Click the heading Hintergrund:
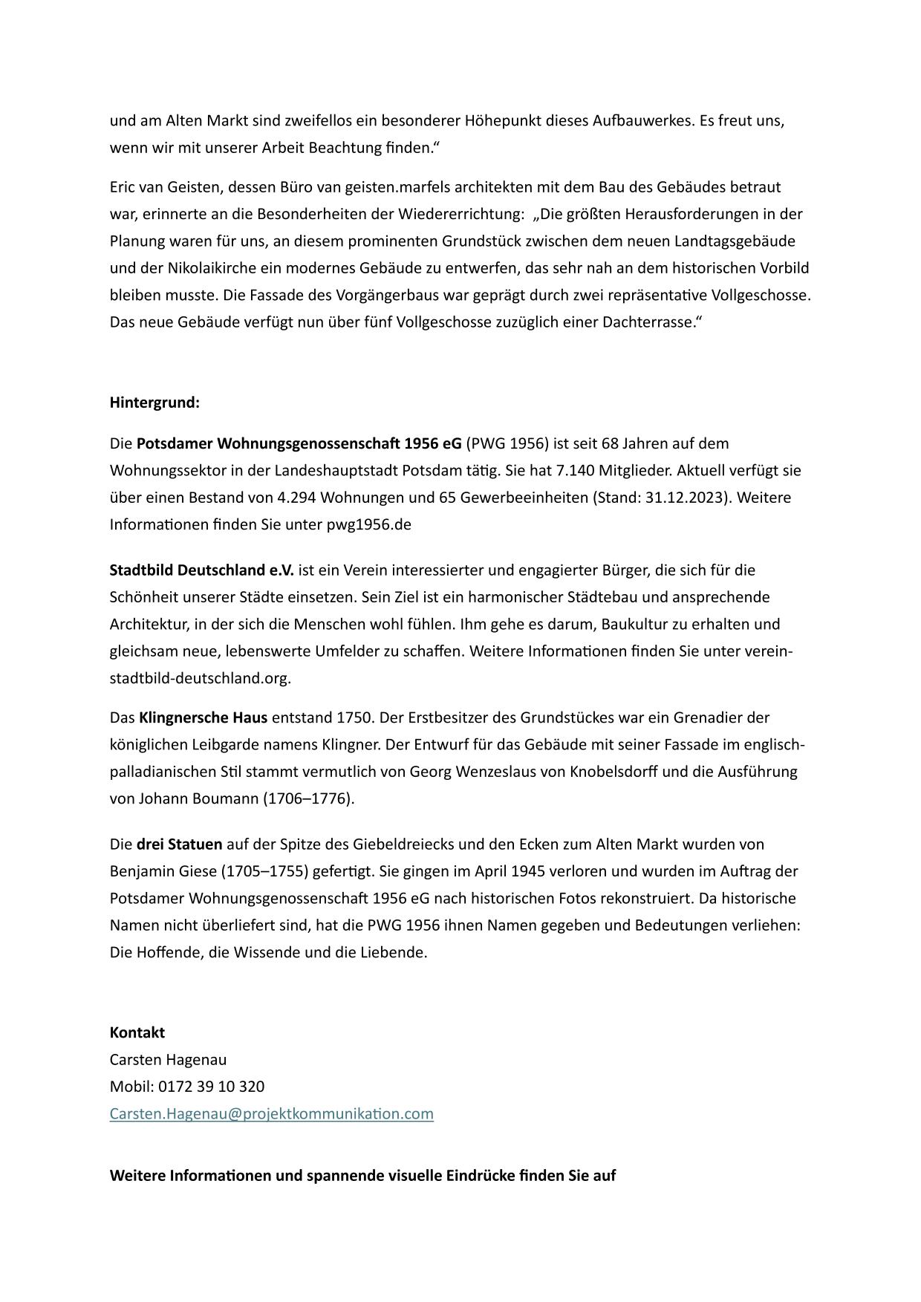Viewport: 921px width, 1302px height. coord(154,403)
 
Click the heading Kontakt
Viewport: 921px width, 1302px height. coord(137,1032)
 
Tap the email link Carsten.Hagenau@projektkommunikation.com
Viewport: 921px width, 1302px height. coord(271,1113)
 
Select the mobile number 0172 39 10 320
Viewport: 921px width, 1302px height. coord(211,1086)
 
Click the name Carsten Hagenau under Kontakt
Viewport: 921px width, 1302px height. coord(168,1059)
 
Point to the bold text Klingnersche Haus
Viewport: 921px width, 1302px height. coord(203,717)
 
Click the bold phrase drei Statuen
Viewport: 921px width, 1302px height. coord(179,844)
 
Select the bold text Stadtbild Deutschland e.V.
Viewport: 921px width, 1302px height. coord(201,570)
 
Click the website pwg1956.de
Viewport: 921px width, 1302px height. coord(368,524)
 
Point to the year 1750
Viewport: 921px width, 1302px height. coord(353,717)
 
